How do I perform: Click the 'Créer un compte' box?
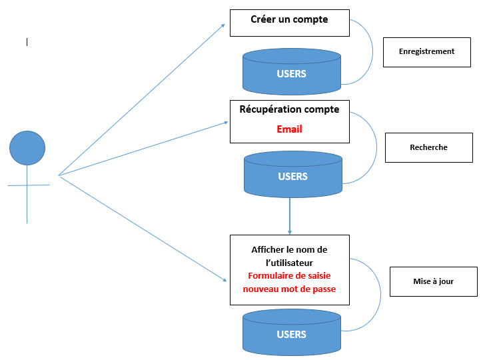(289, 23)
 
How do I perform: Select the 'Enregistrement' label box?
(426, 52)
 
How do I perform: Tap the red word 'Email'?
(289, 129)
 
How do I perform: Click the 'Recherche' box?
(429, 147)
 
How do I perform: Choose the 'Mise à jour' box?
(434, 281)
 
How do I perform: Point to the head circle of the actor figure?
(27, 148)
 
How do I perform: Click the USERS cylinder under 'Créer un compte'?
(292, 71)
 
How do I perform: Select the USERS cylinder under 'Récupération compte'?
(293, 175)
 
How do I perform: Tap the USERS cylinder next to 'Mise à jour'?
(292, 332)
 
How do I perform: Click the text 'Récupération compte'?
(289, 109)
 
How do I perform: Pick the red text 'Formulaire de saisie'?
(289, 276)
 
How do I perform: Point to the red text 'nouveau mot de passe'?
(289, 289)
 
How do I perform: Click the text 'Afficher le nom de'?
(289, 249)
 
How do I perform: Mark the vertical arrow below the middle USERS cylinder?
(290, 216)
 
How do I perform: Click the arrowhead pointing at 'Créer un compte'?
(223, 25)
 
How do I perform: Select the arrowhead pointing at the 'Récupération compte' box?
(226, 123)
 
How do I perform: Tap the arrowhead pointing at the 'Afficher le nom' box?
(225, 280)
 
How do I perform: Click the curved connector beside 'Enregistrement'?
(372, 51)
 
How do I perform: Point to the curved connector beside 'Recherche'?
(376, 147)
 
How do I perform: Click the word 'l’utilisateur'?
(289, 263)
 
